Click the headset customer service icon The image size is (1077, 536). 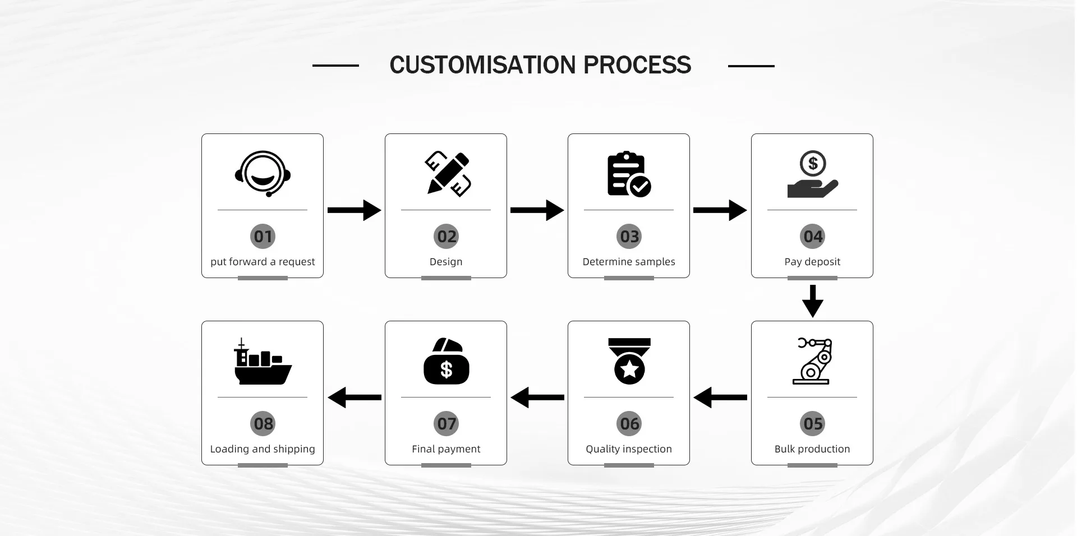(263, 174)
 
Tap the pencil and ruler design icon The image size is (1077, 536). (447, 174)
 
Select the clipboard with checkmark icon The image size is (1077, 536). (628, 174)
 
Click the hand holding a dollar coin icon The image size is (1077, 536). (812, 174)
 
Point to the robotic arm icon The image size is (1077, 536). (812, 361)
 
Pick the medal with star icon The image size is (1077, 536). (629, 361)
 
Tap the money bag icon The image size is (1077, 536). (446, 362)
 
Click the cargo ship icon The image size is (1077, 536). (263, 362)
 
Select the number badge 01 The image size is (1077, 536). (263, 237)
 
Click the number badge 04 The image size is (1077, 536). (812, 237)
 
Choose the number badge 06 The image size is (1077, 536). (629, 424)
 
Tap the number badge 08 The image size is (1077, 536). (263, 424)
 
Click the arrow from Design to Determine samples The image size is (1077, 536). (537, 210)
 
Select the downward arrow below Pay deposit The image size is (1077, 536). (812, 301)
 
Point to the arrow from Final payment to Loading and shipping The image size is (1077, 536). (355, 398)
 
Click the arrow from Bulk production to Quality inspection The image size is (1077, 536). (720, 398)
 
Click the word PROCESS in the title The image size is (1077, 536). (637, 65)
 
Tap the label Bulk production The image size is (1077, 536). (812, 449)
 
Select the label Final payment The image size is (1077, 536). (446, 449)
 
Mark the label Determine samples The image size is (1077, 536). (629, 262)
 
